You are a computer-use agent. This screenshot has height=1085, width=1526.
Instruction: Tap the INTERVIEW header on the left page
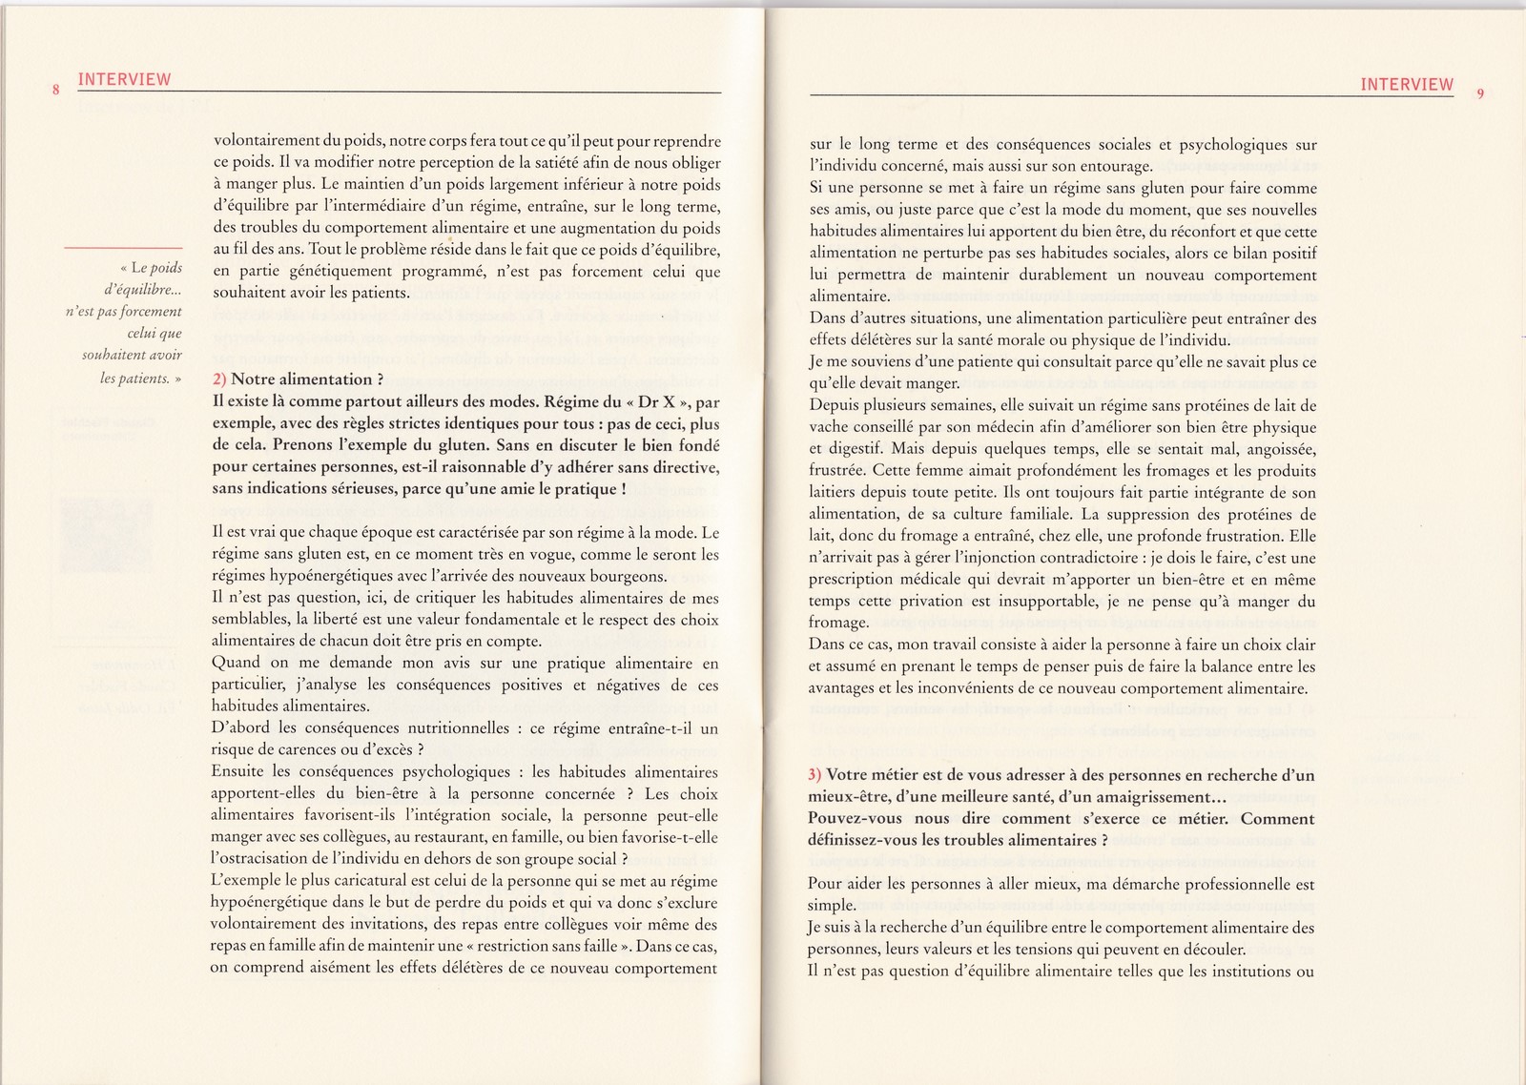point(124,80)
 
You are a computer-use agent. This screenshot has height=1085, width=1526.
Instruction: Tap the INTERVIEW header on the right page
point(1407,84)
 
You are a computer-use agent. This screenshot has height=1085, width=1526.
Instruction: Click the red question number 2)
point(219,379)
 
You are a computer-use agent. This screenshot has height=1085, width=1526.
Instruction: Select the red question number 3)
point(815,775)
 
